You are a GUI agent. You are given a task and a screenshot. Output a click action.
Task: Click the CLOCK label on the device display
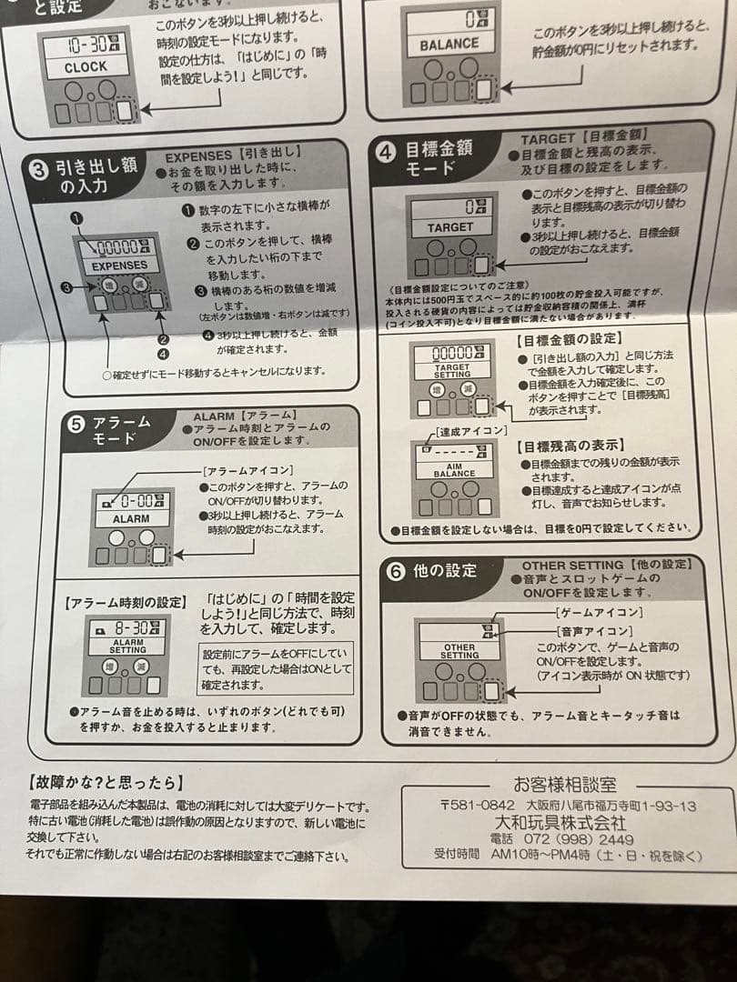[x=85, y=66]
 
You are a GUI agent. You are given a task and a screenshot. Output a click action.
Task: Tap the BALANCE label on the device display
[x=449, y=44]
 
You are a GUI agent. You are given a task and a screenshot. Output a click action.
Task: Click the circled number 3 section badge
[x=40, y=168]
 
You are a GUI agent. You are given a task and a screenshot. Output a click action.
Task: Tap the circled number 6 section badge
[x=396, y=571]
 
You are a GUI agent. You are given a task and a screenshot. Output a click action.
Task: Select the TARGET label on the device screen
[x=450, y=227]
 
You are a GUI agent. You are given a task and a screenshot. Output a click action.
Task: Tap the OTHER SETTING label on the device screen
[x=459, y=651]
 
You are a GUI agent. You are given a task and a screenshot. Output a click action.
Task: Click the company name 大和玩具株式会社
[x=566, y=822]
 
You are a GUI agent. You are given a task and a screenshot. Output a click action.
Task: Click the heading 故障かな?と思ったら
[x=106, y=782]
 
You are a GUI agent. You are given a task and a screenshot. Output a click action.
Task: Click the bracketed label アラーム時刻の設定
[x=126, y=602]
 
